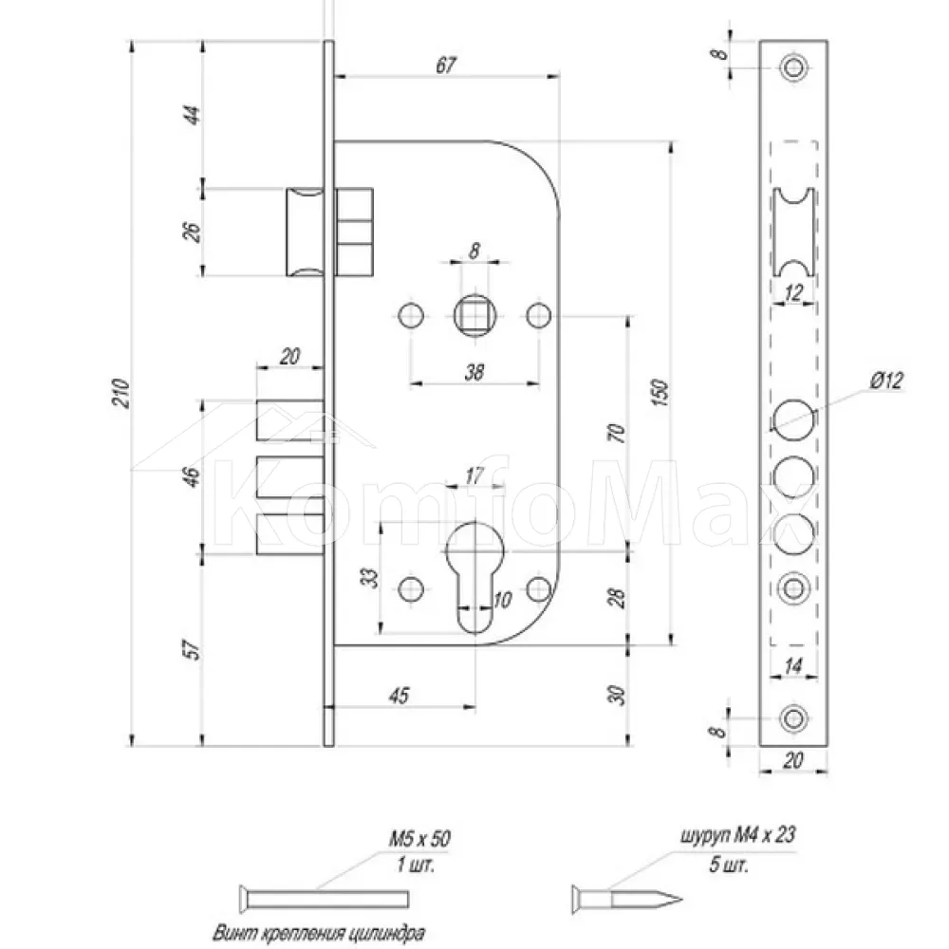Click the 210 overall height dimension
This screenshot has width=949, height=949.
pyautogui.click(x=122, y=393)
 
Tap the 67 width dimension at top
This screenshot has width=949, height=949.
pyautogui.click(x=446, y=65)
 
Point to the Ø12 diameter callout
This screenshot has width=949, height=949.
pyautogui.click(x=886, y=381)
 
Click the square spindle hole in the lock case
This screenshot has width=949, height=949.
pyautogui.click(x=475, y=315)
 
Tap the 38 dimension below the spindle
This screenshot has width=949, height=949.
pyautogui.click(x=474, y=372)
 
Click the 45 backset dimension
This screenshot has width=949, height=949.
pyautogui.click(x=400, y=696)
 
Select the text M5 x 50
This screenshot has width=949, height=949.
pyautogui.click(x=419, y=838)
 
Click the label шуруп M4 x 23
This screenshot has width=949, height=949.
pyautogui.click(x=737, y=835)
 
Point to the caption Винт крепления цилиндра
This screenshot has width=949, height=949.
pyautogui.click(x=318, y=933)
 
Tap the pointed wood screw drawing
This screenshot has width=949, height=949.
pyautogui.click(x=626, y=899)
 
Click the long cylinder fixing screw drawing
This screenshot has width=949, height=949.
pyautogui.click(x=324, y=899)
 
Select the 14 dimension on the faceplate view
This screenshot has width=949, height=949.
pyautogui.click(x=792, y=666)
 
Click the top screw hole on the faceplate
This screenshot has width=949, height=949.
pyautogui.click(x=793, y=67)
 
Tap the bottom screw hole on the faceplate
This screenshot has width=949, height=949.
pyautogui.click(x=793, y=719)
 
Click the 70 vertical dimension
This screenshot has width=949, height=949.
pyautogui.click(x=617, y=433)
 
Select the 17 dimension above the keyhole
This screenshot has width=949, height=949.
pyautogui.click(x=474, y=475)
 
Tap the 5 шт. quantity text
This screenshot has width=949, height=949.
pyautogui.click(x=729, y=865)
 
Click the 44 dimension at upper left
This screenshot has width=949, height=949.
pyautogui.click(x=192, y=115)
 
